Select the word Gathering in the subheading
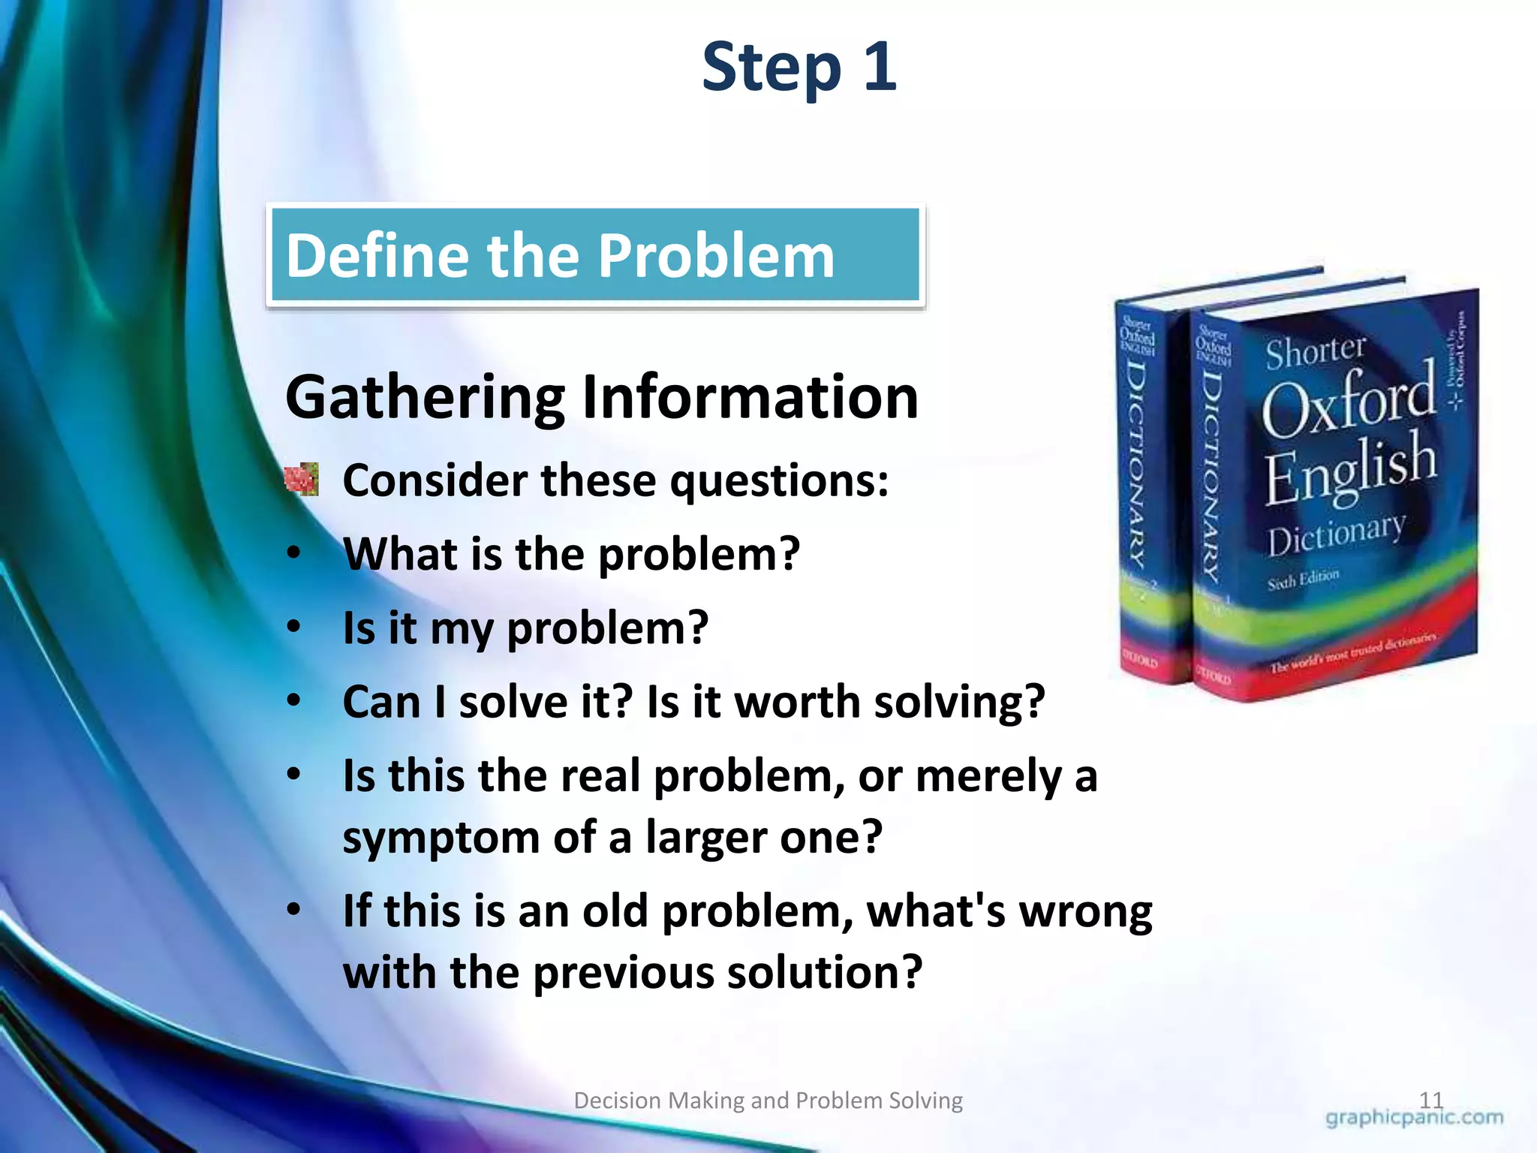tap(425, 399)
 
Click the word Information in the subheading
tap(750, 397)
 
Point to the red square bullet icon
tap(302, 480)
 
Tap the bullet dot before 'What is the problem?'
tap(294, 553)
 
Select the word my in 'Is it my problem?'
tap(461, 629)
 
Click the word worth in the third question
tap(796, 702)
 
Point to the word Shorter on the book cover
tap(1315, 351)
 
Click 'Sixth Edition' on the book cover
tap(1303, 580)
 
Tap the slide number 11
tap(1431, 1100)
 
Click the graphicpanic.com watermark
tap(1414, 1118)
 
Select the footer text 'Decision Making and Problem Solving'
tap(768, 1100)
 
